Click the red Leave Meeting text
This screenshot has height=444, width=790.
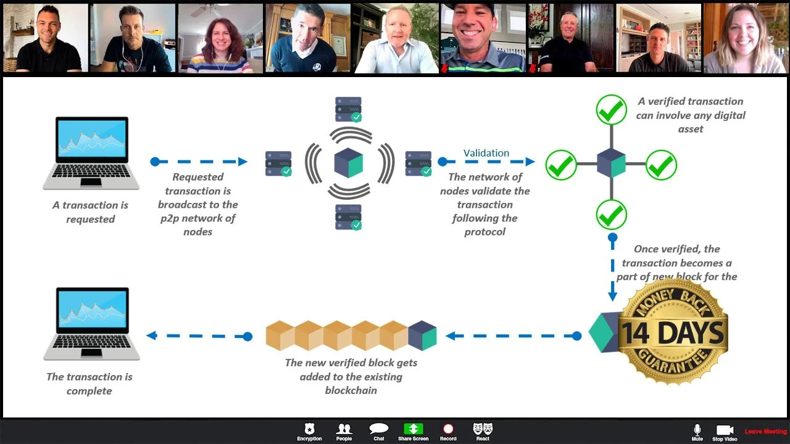[x=765, y=432]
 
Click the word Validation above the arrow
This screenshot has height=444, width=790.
[x=486, y=153]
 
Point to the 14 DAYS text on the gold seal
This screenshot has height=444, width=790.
[x=672, y=333]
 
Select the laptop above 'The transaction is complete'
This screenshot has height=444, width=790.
[x=91, y=323]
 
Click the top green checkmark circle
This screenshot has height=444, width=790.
[x=612, y=110]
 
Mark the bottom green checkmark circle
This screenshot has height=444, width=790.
[x=612, y=215]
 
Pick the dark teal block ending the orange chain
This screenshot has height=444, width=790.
[x=422, y=335]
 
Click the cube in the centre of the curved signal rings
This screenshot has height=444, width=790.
[x=349, y=163]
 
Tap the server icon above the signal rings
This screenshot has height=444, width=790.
[x=348, y=109]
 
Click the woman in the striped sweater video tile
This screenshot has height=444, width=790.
[x=220, y=38]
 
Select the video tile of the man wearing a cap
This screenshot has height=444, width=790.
[x=483, y=38]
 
